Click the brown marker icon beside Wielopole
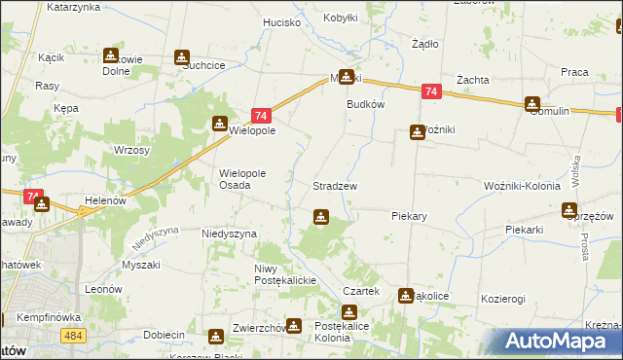pyautogui.click(x=221, y=123)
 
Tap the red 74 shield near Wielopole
pyautogui.click(x=260, y=114)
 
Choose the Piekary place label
pyautogui.click(x=410, y=216)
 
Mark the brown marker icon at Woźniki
pyautogui.click(x=418, y=132)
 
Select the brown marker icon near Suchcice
pyautogui.click(x=182, y=58)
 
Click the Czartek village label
pyautogui.click(x=360, y=291)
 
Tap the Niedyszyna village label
pyautogui.click(x=229, y=234)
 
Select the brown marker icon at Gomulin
pyautogui.click(x=532, y=104)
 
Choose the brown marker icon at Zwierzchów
pyautogui.click(x=215, y=338)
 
